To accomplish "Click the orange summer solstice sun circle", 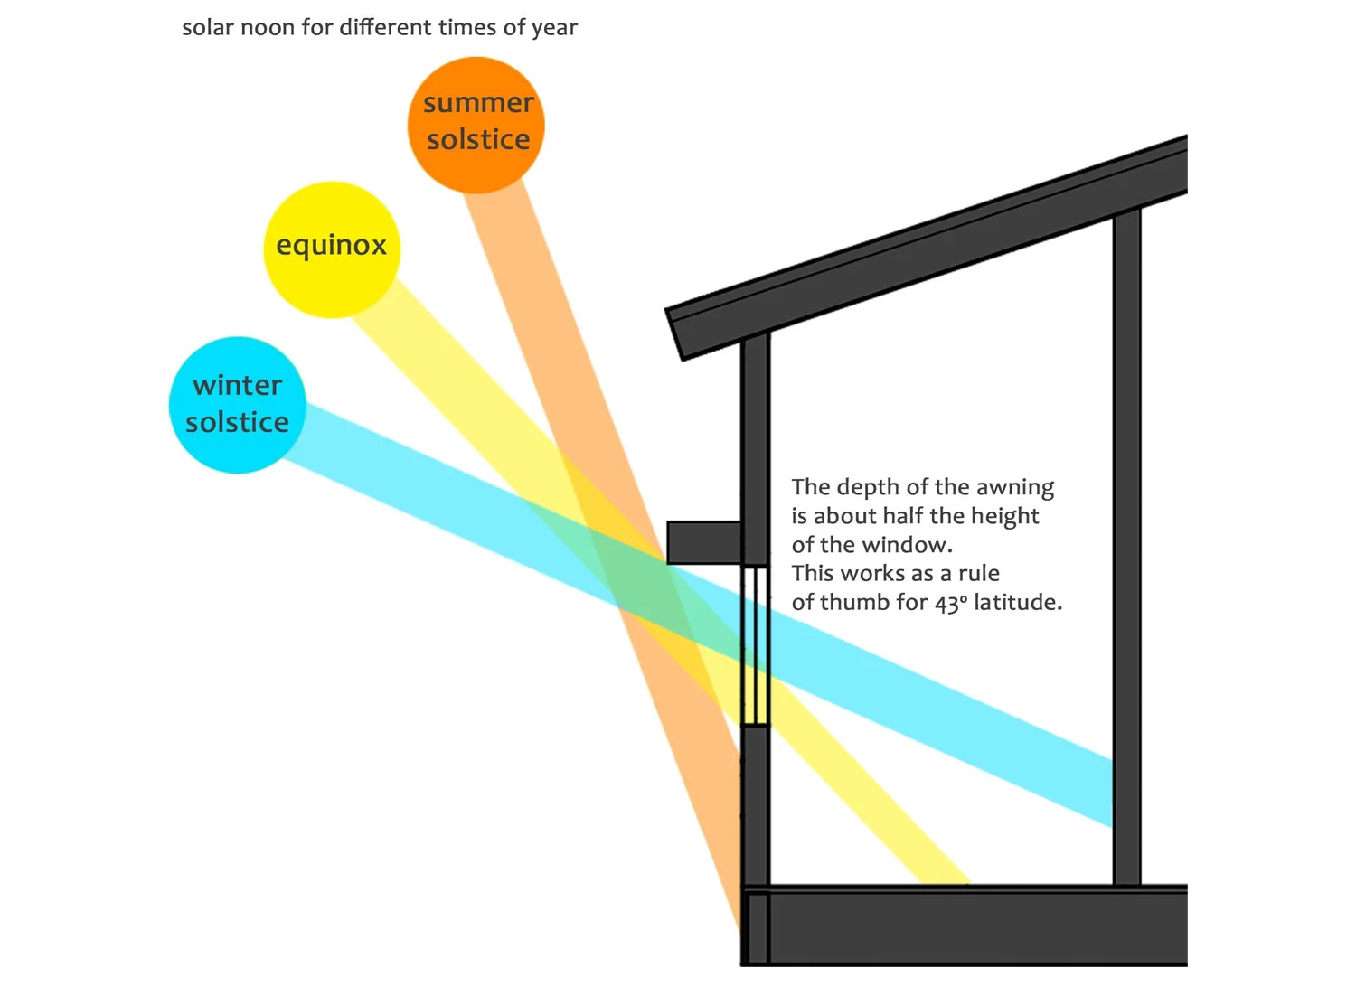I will (476, 125).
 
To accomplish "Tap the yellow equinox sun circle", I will (332, 249).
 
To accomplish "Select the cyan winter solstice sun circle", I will (238, 405).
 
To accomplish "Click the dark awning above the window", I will (704, 542).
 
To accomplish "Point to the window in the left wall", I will (755, 645).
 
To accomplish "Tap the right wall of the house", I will (1126, 542).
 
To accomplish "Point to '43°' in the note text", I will (950, 603).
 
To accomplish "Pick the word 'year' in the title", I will (554, 28).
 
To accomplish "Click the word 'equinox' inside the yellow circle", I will (332, 246).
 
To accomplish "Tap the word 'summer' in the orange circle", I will (478, 104).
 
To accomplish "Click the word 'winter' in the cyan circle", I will (238, 386).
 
